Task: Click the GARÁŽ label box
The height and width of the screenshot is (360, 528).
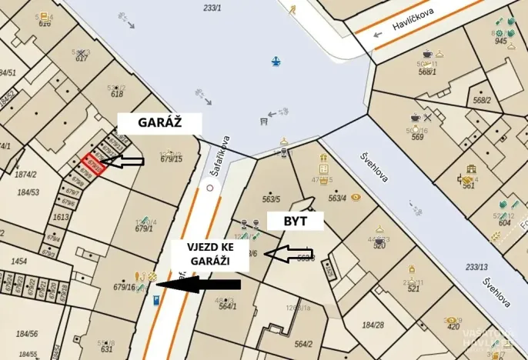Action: click(x=159, y=123)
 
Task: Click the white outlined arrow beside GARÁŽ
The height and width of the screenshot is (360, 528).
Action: click(x=124, y=161)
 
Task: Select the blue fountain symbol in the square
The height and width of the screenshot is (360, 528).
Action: click(x=275, y=61)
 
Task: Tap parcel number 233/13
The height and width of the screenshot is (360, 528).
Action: click(x=477, y=268)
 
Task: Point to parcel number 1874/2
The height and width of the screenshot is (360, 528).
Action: click(x=26, y=174)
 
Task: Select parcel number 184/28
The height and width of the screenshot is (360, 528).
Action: click(x=373, y=325)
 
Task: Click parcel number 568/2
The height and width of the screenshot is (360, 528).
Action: click(x=483, y=100)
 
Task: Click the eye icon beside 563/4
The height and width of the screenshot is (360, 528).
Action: click(x=356, y=197)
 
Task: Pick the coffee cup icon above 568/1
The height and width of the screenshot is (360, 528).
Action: click(x=427, y=54)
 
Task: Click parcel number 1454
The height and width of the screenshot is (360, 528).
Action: click(x=18, y=261)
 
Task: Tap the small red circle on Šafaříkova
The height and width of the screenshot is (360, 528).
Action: click(x=209, y=187)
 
